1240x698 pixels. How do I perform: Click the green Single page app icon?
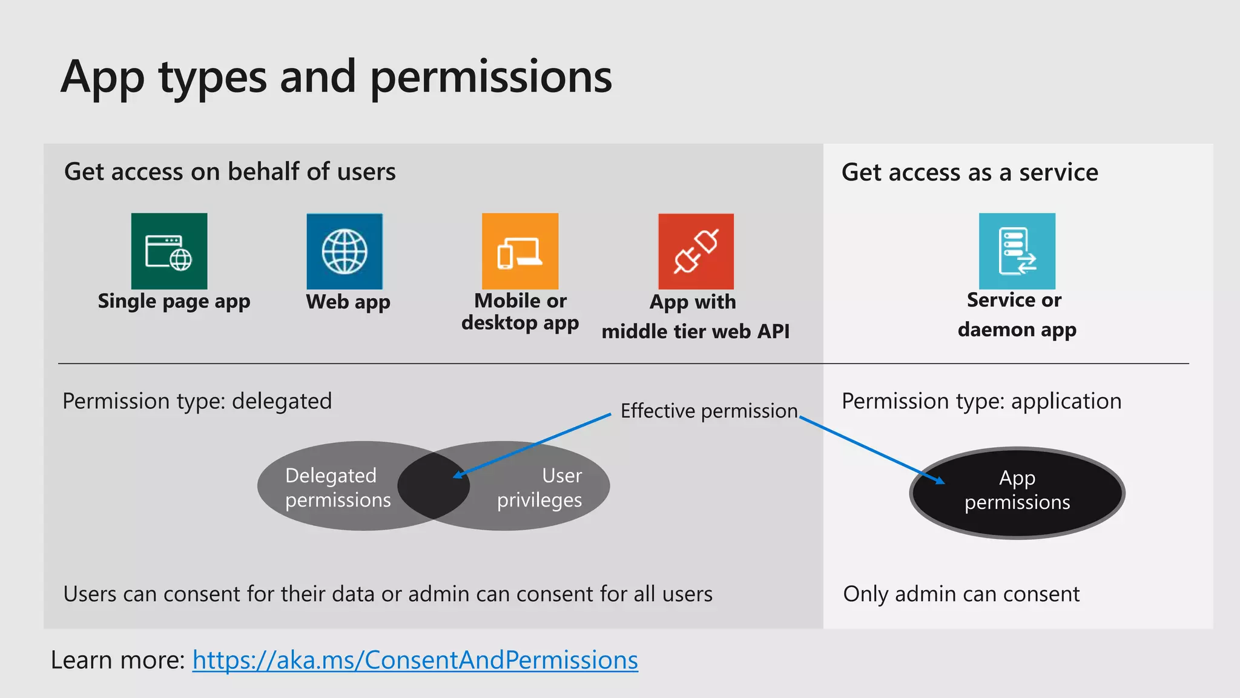pos(169,251)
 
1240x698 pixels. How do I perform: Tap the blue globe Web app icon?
pos(345,251)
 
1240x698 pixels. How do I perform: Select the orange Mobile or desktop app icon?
pos(520,251)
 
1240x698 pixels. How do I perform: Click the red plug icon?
pos(696,251)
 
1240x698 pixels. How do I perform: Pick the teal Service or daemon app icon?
pos(1017,251)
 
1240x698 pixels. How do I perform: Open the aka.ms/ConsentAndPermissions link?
pos(415,660)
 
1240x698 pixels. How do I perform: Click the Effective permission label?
pos(709,411)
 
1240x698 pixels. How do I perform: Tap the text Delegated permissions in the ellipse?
pos(337,487)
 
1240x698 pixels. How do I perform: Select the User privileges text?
pos(539,487)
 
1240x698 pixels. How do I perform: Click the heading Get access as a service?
pos(969,173)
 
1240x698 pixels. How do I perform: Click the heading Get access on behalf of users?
pos(229,172)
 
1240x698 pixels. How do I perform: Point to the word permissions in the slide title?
pos(490,78)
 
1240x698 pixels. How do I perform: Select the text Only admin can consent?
pos(961,594)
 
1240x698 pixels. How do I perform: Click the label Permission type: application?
pos(981,401)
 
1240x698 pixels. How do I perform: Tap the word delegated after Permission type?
pos(282,401)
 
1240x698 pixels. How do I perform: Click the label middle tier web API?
pos(695,331)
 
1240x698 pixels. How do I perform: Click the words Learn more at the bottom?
pos(117,660)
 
